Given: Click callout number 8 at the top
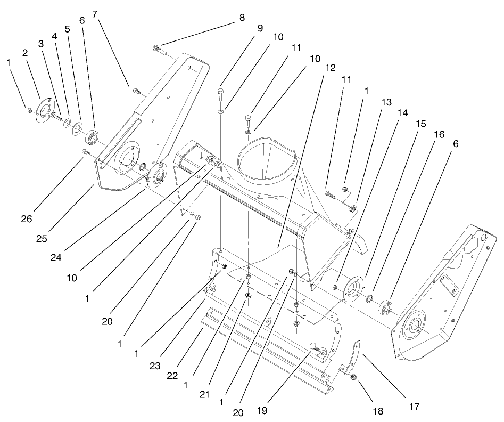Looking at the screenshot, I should [242, 17].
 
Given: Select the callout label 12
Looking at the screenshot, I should [331, 68].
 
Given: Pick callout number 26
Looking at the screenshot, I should [27, 218].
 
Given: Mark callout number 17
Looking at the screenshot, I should [414, 407].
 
